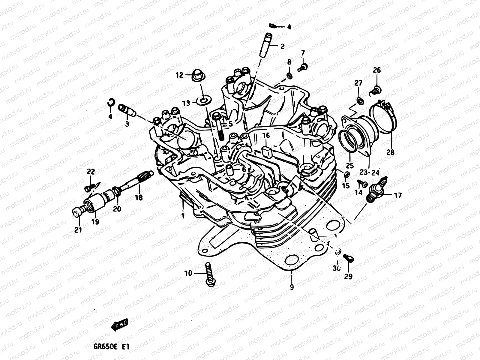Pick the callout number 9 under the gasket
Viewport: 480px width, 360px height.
292,287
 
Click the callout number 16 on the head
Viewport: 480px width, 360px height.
266,136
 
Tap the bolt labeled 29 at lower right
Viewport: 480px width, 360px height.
349,258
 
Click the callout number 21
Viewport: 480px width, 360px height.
78,230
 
